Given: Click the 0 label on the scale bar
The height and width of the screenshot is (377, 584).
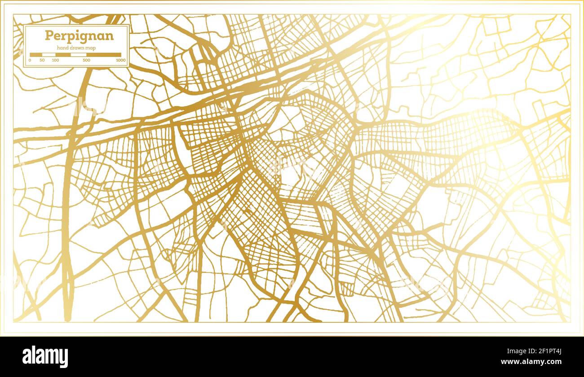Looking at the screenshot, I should click(x=30, y=60).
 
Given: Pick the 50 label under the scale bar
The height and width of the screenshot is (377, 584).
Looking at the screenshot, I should click(x=42, y=60).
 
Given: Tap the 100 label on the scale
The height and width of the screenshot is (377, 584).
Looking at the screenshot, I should click(x=55, y=60).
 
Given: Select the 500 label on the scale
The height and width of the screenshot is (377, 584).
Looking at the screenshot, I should click(x=86, y=60).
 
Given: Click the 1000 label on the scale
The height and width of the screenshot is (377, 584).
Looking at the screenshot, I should click(x=120, y=60).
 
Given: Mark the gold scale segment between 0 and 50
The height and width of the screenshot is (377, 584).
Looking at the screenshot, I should click(x=36, y=55).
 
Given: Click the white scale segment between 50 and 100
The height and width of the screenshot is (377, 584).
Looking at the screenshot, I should click(x=49, y=55).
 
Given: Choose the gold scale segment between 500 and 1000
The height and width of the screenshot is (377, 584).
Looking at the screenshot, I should click(x=104, y=55).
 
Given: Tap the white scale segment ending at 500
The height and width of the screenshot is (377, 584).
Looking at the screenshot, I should click(x=79, y=55).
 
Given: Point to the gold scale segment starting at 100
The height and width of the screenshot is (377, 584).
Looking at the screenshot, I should click(x=63, y=55).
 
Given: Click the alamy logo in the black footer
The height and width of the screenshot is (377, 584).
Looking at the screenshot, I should click(x=45, y=357).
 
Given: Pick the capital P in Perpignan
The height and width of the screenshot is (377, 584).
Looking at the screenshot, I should click(x=48, y=35).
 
